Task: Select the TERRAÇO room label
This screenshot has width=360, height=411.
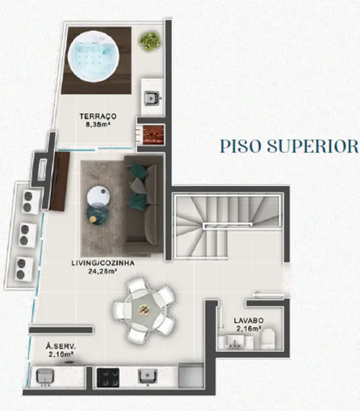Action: point(96,116)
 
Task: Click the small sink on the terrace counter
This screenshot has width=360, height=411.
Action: point(151,97)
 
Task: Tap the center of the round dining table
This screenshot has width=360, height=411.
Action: point(143,309)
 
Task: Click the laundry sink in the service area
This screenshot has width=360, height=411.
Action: point(45,376)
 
